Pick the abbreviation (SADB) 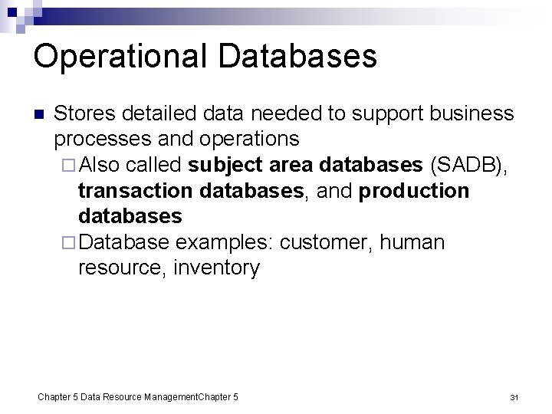coord(468,166)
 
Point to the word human coord(412,242)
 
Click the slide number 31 coord(514,397)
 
